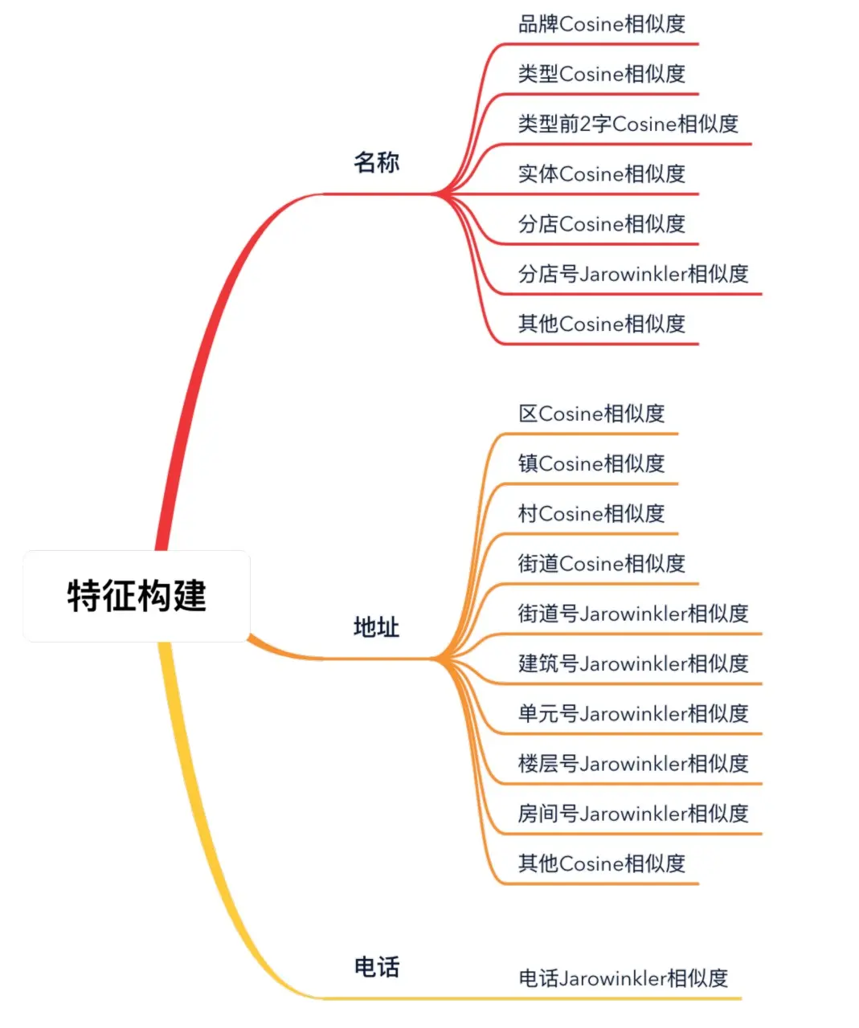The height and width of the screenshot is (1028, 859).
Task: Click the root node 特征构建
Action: tap(137, 596)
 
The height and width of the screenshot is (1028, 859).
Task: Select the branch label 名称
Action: tap(376, 162)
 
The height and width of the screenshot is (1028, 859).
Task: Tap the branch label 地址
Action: tap(376, 626)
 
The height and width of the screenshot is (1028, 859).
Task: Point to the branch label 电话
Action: tap(376, 967)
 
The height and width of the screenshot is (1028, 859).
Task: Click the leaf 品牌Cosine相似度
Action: tap(601, 24)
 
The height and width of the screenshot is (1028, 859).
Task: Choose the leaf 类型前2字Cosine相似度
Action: tap(628, 124)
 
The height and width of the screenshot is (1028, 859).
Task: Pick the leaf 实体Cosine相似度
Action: tap(601, 173)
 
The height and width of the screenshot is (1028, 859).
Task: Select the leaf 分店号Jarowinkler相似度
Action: tap(632, 274)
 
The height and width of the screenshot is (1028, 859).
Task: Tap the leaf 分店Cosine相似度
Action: tap(601, 223)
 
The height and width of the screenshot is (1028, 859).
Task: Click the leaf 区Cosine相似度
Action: tap(591, 414)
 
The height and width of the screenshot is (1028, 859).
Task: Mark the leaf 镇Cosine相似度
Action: tap(591, 463)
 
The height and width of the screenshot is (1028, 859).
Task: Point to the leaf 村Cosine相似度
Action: tap(591, 513)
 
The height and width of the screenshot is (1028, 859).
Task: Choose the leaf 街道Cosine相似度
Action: tap(601, 563)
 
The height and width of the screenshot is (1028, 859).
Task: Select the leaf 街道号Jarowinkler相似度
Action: tap(632, 614)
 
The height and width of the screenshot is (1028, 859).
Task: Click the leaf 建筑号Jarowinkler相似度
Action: tap(632, 663)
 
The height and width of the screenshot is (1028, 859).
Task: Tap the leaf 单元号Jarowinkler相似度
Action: tap(632, 713)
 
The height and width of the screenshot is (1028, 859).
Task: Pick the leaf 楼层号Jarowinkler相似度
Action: tap(632, 763)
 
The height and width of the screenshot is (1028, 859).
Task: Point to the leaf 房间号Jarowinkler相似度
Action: tap(632, 814)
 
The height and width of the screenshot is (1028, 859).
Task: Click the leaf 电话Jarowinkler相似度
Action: tap(623, 978)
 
